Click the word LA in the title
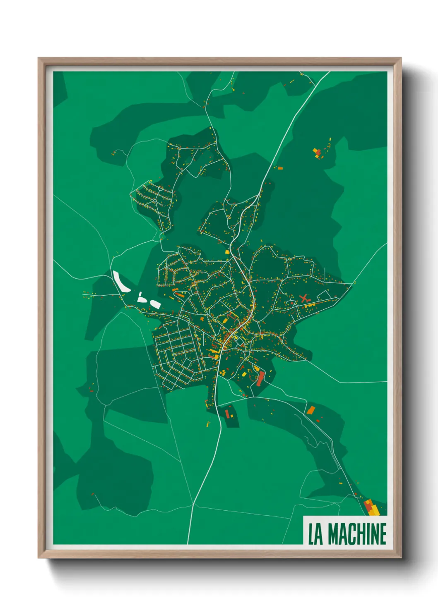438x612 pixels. (315, 534)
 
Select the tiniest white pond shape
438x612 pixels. (140, 294)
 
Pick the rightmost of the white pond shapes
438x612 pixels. (155, 304)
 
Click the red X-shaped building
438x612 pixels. (305, 298)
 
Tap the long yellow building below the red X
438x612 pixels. (310, 305)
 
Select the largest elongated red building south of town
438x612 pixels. (260, 379)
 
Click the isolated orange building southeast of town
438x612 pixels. (310, 410)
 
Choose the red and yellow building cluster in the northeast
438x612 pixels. (318, 153)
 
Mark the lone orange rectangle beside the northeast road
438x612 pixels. (280, 168)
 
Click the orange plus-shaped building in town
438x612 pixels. (202, 319)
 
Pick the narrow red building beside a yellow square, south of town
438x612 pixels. (227, 413)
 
